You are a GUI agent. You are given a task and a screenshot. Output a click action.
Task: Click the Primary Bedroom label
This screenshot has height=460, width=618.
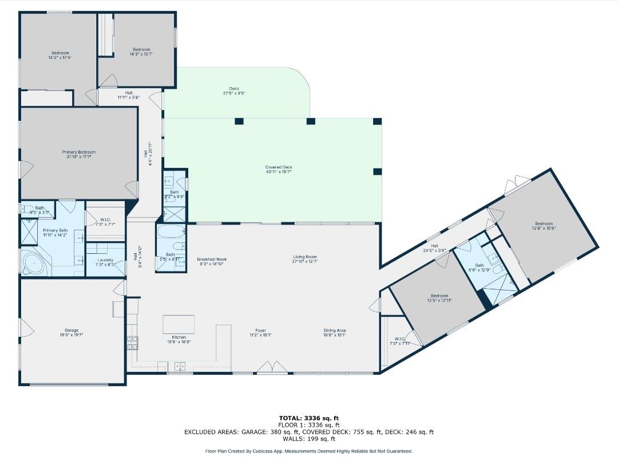79,154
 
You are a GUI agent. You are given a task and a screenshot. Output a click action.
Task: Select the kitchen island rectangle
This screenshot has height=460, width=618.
179,324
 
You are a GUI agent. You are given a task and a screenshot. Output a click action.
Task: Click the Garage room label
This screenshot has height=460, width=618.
72,333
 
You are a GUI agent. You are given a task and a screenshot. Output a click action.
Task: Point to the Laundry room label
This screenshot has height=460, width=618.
105,262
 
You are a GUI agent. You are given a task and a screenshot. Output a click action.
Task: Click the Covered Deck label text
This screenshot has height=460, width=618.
279,169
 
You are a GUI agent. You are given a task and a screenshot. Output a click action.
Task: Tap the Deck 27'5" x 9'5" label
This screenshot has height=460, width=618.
234,91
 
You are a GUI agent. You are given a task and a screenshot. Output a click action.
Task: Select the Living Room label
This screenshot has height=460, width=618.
305,260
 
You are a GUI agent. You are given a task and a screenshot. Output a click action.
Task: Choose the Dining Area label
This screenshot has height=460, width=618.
335,332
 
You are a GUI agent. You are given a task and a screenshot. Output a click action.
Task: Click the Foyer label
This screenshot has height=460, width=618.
261,332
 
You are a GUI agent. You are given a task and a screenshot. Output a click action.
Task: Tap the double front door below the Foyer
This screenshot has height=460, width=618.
272,367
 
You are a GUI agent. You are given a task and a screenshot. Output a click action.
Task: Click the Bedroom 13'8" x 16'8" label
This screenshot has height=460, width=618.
544,226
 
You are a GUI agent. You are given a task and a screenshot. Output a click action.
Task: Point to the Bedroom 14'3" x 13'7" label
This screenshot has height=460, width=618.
141,52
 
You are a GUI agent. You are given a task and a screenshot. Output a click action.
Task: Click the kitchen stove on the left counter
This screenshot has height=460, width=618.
132,343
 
